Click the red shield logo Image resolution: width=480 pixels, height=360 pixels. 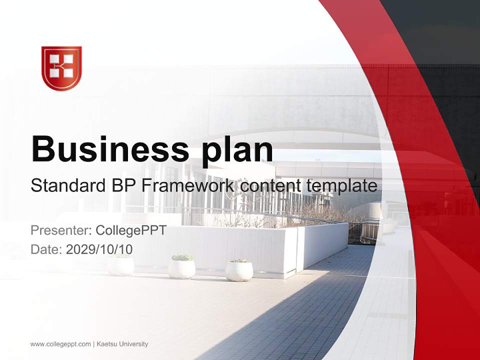coord(61,68)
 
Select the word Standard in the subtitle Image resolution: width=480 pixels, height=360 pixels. coord(67,186)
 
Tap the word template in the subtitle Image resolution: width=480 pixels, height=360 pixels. coord(341,186)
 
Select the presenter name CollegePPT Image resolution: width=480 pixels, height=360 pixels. coord(130,230)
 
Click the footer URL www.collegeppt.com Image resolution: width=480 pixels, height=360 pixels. coord(60,344)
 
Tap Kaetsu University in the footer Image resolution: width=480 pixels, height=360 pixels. coord(122,344)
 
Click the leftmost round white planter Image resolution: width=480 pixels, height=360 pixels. coord(121,265)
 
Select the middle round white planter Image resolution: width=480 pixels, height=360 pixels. coord(181,268)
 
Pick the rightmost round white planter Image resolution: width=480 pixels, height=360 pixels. coord(238,270)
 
